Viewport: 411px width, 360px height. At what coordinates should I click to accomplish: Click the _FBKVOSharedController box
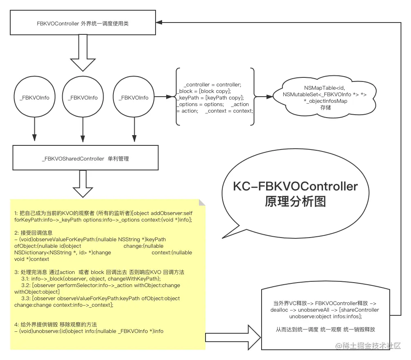pyautogui.click(x=85, y=158)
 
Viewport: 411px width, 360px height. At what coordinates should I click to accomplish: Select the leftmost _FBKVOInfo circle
pyautogui.click(x=34, y=97)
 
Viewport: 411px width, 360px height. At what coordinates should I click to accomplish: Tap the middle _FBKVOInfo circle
pyautogui.click(x=83, y=97)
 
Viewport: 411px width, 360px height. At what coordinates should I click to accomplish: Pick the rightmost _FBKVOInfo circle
pyautogui.click(x=133, y=97)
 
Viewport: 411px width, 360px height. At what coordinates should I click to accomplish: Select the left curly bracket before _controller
pyautogui.click(x=177, y=97)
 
